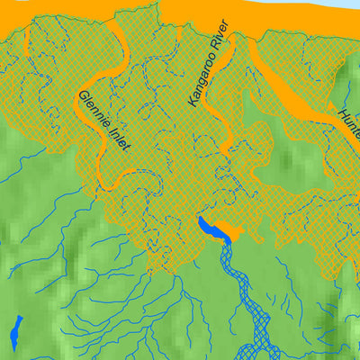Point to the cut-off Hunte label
(351, 123)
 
